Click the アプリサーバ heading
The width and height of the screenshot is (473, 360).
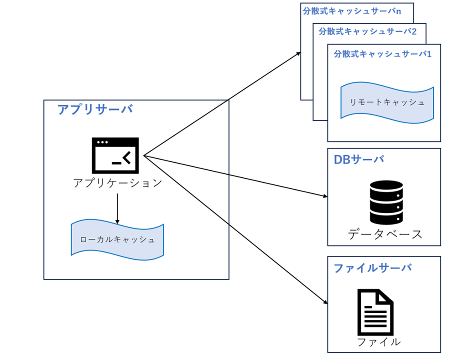[x=95, y=109]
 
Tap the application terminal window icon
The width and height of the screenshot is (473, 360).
[x=115, y=155]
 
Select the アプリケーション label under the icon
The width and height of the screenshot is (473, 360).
[x=117, y=183]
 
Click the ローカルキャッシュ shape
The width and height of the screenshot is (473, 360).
[x=117, y=239]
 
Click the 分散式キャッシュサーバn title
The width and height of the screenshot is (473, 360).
[x=352, y=10]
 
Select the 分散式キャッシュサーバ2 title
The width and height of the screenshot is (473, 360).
[x=367, y=31]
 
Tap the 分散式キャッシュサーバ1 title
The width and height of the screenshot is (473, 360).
[x=382, y=53]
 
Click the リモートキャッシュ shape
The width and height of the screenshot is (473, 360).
[x=387, y=102]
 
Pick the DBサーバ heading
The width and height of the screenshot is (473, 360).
[x=358, y=159]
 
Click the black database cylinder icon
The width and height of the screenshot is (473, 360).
[x=386, y=202]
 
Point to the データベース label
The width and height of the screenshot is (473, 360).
[x=385, y=233]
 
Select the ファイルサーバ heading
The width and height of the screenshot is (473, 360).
[x=372, y=267]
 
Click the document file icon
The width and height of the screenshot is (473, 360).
[x=375, y=312]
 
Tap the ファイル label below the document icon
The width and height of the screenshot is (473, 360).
[x=378, y=342]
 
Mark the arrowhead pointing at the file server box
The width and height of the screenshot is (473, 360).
[x=325, y=302]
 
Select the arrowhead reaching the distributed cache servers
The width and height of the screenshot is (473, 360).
[x=298, y=52]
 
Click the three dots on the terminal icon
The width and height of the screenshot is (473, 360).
[x=102, y=142]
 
